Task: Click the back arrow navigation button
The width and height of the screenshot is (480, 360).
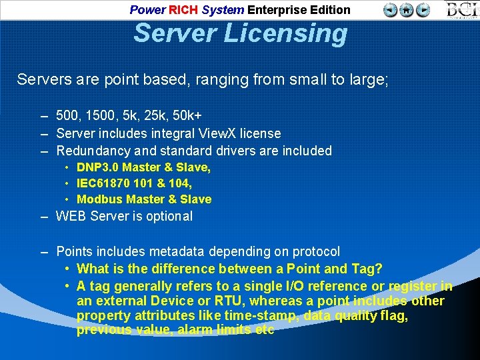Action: click(x=391, y=10)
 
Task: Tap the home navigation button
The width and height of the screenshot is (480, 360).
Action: click(x=406, y=10)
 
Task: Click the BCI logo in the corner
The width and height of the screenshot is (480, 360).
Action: click(x=461, y=10)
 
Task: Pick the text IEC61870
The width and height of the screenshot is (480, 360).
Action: click(x=105, y=183)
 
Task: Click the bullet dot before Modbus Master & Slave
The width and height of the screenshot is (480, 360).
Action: click(x=68, y=199)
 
